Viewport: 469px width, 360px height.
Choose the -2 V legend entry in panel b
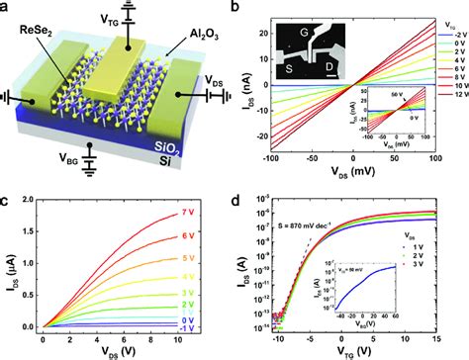(x=450, y=33)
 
